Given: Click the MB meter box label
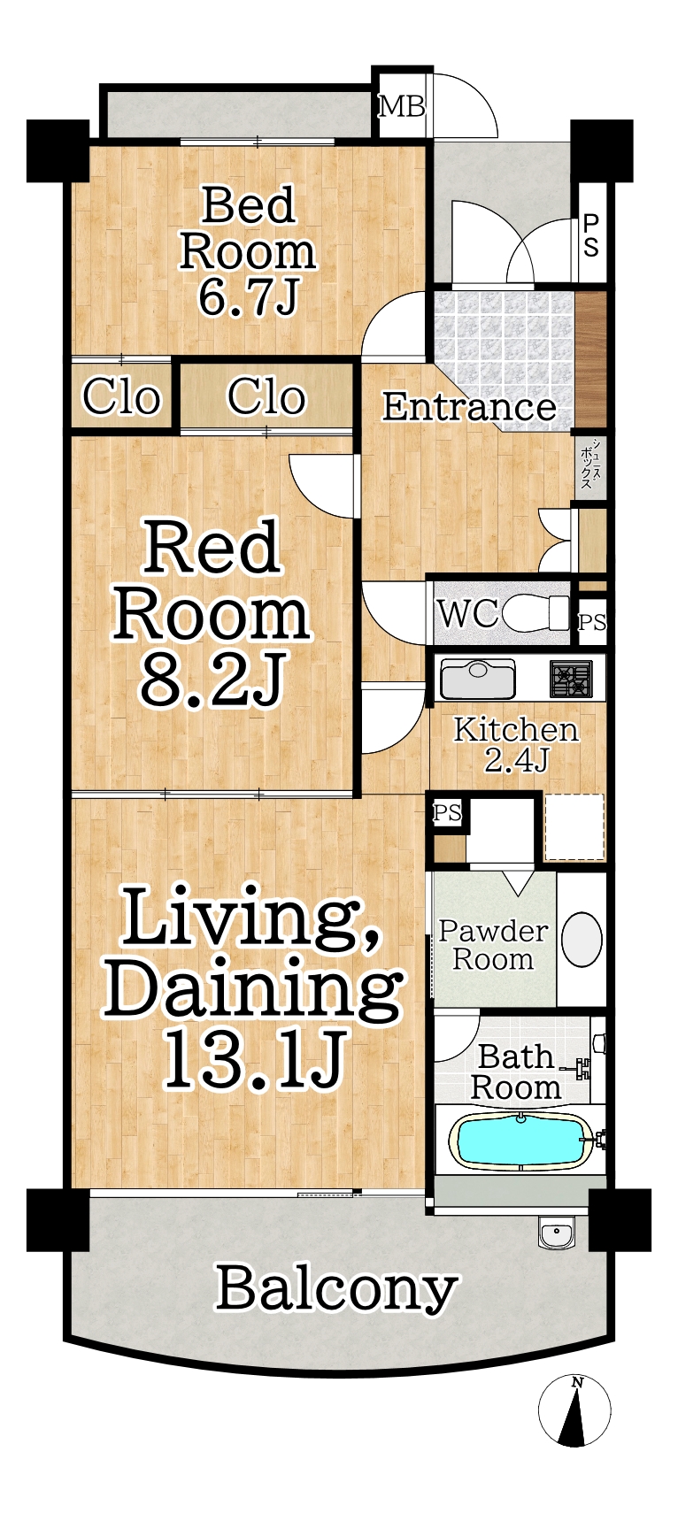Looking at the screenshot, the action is (x=402, y=107).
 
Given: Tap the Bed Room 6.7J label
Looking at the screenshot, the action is (x=248, y=251).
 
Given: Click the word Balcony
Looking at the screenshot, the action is (x=336, y=1288).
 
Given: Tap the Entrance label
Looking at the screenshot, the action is (x=469, y=406).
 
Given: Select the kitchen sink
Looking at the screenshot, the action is (x=478, y=680).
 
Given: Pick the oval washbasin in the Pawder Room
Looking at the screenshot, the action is (x=582, y=939).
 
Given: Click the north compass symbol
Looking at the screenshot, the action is (x=574, y=1410).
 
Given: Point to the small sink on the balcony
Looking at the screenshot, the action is (x=557, y=1232).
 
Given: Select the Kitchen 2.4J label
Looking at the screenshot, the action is (x=516, y=744).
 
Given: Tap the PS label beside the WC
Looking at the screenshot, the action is (x=592, y=622).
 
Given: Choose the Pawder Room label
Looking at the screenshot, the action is (x=493, y=945).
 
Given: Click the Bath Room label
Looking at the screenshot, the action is (x=516, y=1072).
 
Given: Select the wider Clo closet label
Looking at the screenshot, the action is (x=266, y=396).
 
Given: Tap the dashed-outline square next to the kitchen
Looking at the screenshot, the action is (x=574, y=827).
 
